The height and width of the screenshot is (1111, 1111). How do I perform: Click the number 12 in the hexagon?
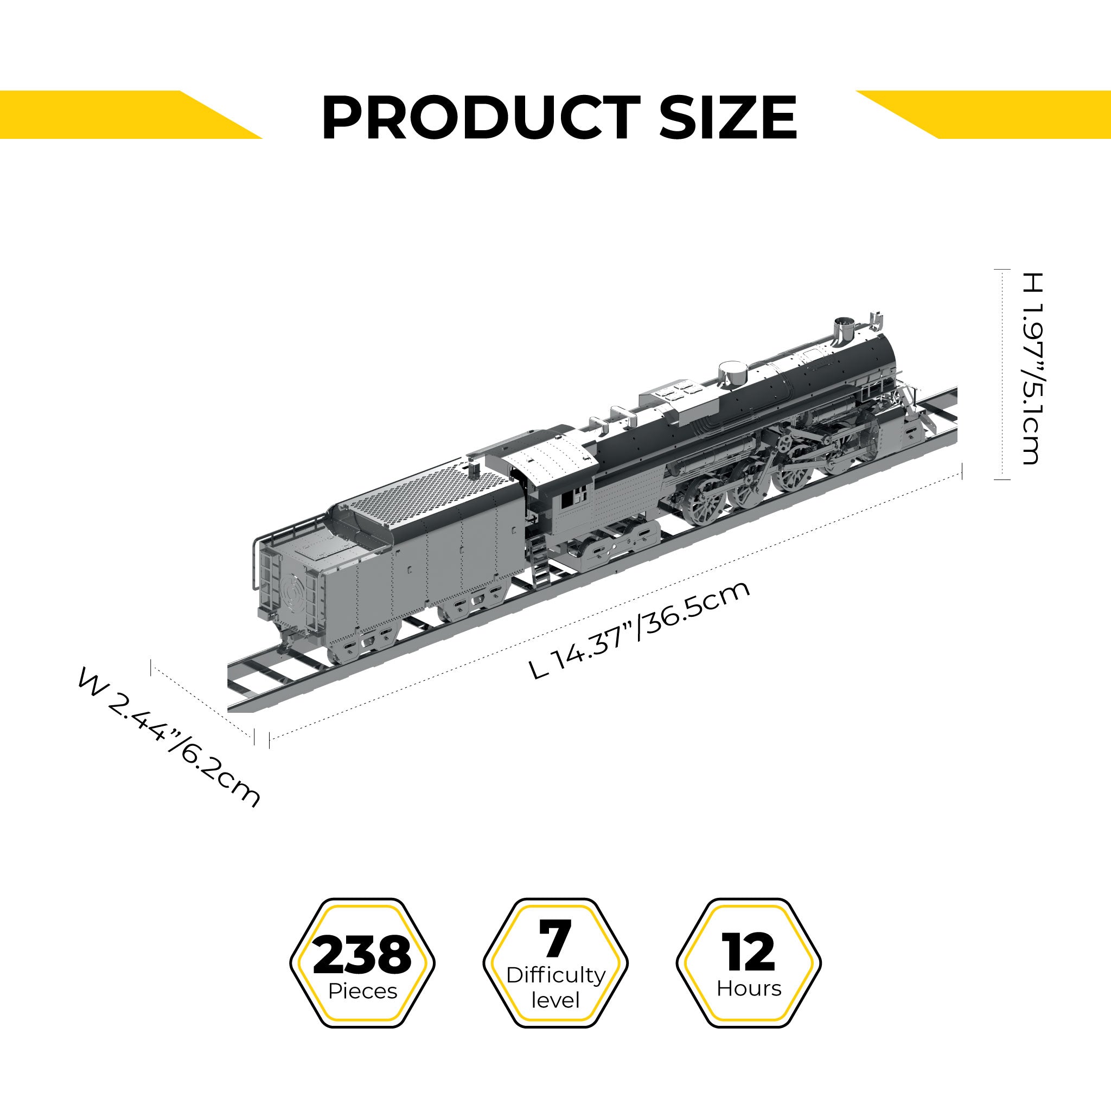click(749, 952)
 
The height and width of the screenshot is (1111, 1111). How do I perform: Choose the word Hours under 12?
click(749, 988)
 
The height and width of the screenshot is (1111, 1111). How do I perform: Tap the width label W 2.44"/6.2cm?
click(169, 738)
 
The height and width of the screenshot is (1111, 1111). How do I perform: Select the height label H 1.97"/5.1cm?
click(1033, 368)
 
